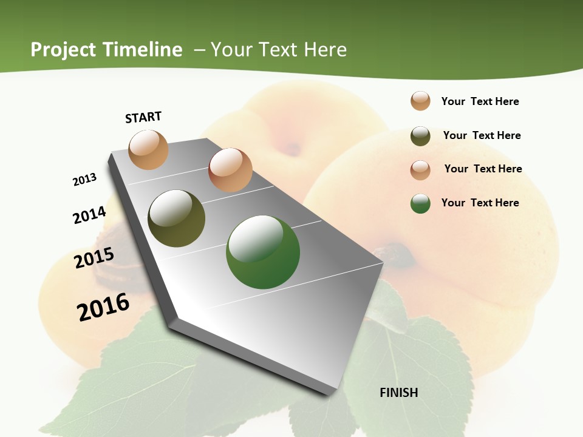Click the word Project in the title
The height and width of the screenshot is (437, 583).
(x=63, y=50)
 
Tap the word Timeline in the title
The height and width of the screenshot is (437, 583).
(x=142, y=50)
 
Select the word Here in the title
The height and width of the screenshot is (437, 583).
(x=325, y=50)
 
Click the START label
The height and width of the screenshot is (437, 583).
(x=143, y=117)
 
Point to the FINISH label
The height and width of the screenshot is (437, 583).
(x=399, y=393)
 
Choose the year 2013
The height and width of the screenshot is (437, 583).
(x=84, y=180)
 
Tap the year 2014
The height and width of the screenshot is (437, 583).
(x=89, y=215)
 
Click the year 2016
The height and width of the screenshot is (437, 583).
(x=103, y=307)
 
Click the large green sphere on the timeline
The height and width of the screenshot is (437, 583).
(x=263, y=252)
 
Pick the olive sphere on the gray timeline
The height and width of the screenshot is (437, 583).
(x=176, y=218)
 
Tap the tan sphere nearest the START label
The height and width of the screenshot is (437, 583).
(x=148, y=149)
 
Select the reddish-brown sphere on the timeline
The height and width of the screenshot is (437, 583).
(x=230, y=170)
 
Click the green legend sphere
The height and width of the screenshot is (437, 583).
(x=420, y=203)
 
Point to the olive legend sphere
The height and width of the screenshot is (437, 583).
(x=420, y=136)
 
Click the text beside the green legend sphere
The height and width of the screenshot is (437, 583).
(x=480, y=203)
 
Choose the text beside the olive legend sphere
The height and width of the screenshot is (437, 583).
(x=482, y=135)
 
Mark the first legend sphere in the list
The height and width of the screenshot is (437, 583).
(x=420, y=101)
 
